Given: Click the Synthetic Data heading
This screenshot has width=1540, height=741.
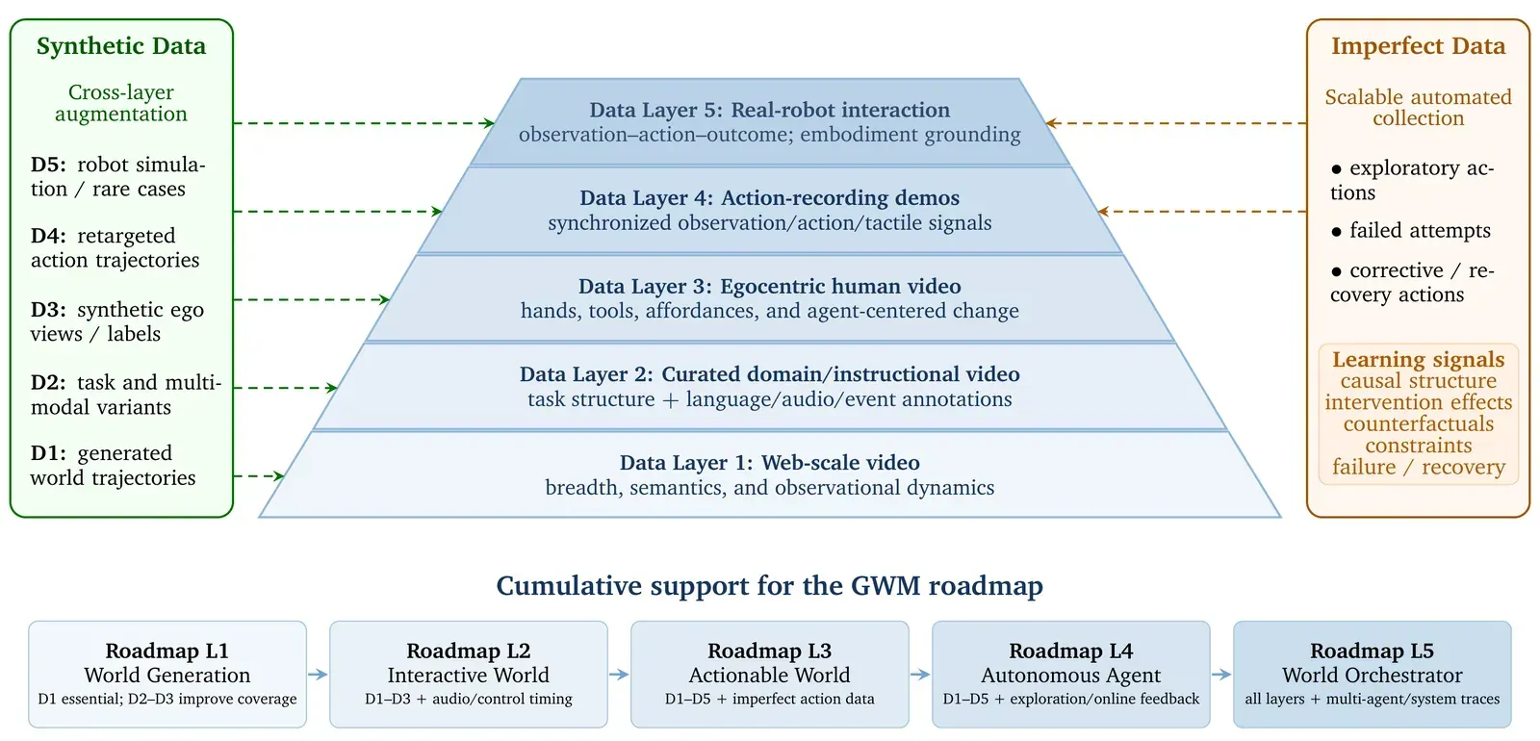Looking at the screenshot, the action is [121, 46].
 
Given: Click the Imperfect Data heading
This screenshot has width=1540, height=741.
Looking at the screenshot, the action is [1418, 46].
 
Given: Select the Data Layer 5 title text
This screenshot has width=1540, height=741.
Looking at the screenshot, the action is [769, 110].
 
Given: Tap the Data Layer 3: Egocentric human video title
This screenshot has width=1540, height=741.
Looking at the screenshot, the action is [769, 286].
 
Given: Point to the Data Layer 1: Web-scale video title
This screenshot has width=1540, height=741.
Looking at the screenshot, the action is [769, 463].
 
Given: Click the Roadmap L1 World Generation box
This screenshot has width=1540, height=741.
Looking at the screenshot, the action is [167, 675].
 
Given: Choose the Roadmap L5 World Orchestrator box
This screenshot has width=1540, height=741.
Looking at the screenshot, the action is [1373, 675].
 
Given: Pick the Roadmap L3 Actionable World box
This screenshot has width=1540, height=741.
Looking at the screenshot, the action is [769, 675].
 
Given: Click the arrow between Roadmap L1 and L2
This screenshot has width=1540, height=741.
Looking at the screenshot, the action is [318, 675].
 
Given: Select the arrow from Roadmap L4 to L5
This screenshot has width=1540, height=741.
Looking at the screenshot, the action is [1221, 675].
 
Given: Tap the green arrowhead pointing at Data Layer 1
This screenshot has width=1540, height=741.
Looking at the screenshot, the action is [279, 475].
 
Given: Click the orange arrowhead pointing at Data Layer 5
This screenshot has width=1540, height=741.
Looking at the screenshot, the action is [1051, 123].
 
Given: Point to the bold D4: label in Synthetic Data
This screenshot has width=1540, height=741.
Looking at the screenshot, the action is [48, 236].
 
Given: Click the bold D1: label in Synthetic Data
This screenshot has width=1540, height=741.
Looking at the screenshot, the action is [48, 453].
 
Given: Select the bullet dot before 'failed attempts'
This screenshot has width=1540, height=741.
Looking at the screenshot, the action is [1337, 232].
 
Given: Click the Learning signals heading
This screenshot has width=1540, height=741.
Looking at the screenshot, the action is [1419, 359].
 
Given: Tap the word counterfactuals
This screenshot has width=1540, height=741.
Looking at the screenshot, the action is [1419, 423].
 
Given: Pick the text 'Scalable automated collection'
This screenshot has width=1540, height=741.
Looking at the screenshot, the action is [1419, 107].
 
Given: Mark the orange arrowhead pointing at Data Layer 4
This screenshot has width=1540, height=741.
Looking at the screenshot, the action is [1103, 212].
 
